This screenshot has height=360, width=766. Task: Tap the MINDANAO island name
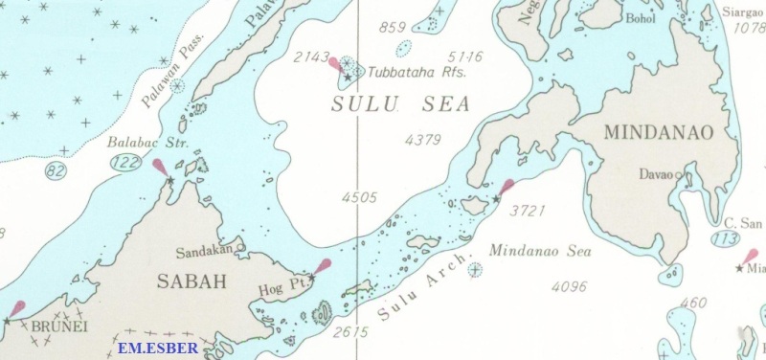[659, 133]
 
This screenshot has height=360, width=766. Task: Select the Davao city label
[656, 175]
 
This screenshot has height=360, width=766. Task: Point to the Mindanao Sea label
[540, 252]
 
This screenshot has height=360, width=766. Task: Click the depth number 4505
[359, 197]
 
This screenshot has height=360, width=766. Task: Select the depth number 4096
[572, 285]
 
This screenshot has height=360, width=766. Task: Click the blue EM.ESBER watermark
[158, 348]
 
